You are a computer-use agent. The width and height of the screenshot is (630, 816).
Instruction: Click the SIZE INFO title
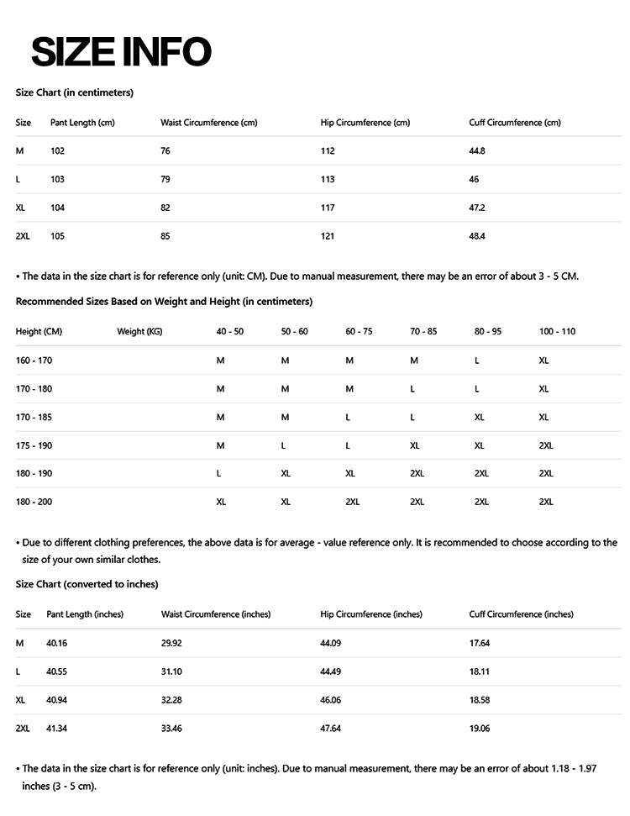[121, 52]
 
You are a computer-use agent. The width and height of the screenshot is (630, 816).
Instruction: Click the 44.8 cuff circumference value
[477, 150]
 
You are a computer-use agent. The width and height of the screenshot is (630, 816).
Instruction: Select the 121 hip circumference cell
[328, 236]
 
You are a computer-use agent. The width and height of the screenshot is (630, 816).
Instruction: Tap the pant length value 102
[57, 150]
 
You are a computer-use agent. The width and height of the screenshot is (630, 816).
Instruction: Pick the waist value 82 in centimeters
[165, 208]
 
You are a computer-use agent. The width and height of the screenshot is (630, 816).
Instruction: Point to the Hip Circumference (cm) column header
[365, 123]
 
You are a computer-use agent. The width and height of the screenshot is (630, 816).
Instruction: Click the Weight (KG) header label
[139, 331]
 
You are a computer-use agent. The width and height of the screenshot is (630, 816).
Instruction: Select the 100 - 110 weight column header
[557, 331]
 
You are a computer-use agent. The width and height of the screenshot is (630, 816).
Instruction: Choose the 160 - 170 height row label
[34, 360]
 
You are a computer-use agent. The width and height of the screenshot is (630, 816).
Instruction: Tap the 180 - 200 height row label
[34, 502]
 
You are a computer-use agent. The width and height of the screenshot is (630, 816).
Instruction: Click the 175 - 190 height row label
[34, 445]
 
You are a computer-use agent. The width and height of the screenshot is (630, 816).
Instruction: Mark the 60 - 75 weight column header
[359, 331]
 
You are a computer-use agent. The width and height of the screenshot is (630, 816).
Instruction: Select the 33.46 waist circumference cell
[171, 728]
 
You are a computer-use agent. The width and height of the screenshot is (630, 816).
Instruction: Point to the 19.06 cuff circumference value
[480, 728]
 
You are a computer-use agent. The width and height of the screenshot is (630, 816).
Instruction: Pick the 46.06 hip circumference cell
[331, 699]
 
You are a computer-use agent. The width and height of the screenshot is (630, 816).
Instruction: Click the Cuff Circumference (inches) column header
[521, 614]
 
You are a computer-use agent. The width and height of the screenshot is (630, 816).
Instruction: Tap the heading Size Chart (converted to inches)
[87, 583]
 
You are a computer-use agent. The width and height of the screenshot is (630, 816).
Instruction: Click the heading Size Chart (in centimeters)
[75, 92]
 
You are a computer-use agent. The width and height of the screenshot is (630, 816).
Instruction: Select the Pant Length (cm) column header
[82, 123]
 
